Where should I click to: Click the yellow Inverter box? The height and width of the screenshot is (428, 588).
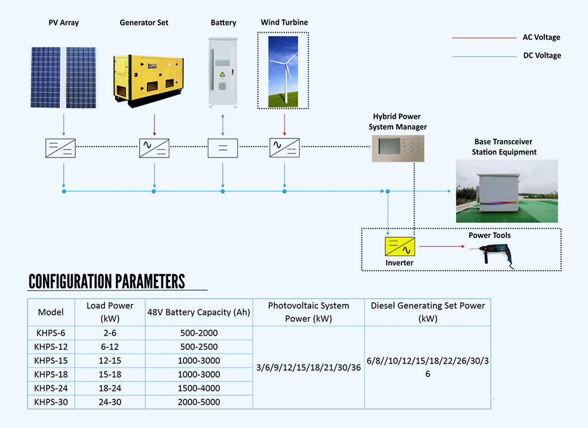click(400, 246)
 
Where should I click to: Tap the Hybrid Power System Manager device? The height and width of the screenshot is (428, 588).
click(398, 148)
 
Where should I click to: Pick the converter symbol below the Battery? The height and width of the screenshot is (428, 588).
click(223, 148)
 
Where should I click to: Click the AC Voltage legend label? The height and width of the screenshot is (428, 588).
click(541, 37)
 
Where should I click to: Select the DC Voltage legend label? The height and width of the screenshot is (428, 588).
click(541, 56)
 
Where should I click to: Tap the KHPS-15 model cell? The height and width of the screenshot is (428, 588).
click(51, 361)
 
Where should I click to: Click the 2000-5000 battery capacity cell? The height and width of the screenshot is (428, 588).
click(199, 402)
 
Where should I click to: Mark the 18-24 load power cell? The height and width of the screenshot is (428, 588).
click(110, 388)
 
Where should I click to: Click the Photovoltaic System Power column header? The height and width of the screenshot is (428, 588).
click(308, 312)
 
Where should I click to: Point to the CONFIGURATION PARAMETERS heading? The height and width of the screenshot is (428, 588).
click(107, 282)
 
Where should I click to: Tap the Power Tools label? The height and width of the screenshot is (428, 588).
click(489, 235)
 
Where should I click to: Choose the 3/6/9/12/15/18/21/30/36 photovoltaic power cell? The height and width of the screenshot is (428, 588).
click(308, 368)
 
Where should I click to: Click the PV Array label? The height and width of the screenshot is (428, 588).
click(63, 23)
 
